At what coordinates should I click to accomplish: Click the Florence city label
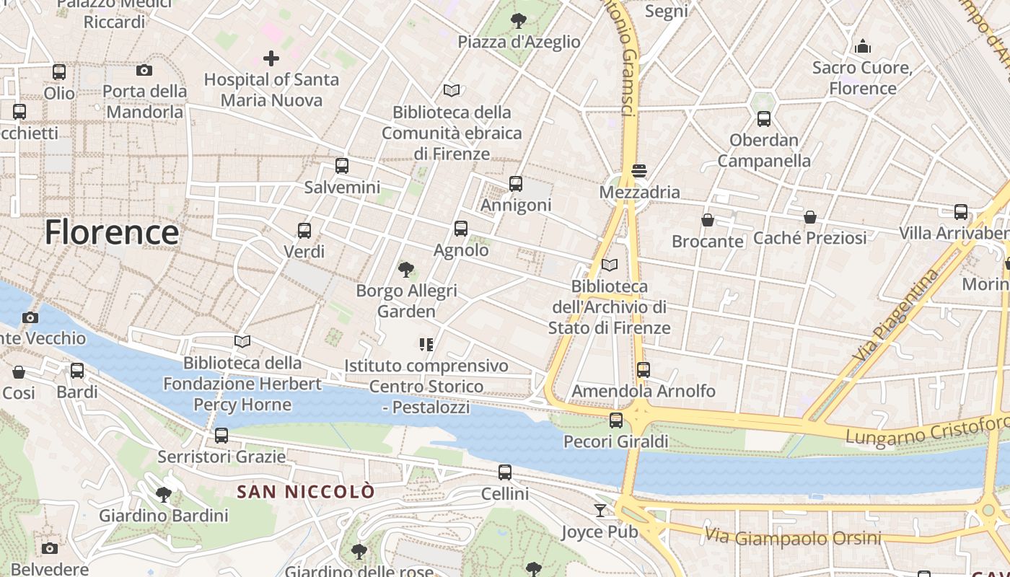[x=112, y=232]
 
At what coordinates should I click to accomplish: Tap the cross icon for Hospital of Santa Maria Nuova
[x=271, y=58]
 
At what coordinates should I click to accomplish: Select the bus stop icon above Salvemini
[x=342, y=166]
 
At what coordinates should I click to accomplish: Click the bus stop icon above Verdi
[x=304, y=231]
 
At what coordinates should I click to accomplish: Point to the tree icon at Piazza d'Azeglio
[x=518, y=21]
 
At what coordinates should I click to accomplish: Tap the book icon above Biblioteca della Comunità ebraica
[x=452, y=91]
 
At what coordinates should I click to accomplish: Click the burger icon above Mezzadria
[x=639, y=171]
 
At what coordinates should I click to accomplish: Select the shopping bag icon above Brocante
[x=708, y=220]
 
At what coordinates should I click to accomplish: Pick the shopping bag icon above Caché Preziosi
[x=810, y=217]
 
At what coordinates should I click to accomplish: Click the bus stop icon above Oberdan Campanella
[x=764, y=119]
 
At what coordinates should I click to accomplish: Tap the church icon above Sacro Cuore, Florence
[x=863, y=47]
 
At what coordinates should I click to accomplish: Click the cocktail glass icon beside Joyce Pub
[x=600, y=511]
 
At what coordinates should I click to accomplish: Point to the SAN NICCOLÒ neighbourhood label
[x=307, y=492]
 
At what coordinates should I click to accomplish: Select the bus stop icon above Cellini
[x=505, y=473]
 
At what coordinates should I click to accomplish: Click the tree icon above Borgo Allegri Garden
[x=406, y=270]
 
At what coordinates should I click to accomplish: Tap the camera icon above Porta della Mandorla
[x=144, y=70]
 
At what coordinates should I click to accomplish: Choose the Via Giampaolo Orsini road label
[x=794, y=537]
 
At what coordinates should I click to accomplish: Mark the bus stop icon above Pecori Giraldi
[x=616, y=420]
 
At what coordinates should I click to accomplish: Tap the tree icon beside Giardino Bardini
[x=164, y=495]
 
